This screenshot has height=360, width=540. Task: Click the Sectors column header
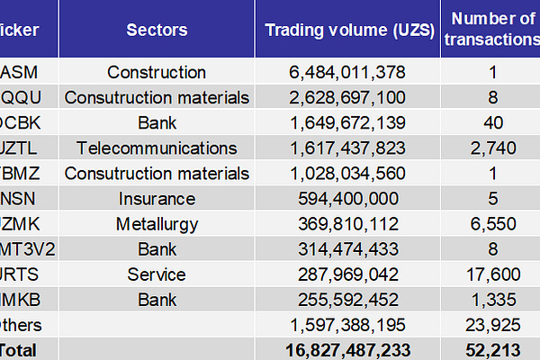pyautogui.click(x=157, y=30)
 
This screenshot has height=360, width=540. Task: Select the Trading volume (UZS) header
pyautogui.click(x=347, y=30)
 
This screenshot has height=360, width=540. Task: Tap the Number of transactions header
pyautogui.click(x=491, y=29)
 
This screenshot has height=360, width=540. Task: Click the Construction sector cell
pyautogui.click(x=157, y=72)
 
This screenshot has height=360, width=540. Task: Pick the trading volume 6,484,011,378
pyautogui.click(x=347, y=72)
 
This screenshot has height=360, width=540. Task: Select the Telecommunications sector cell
pyautogui.click(x=157, y=148)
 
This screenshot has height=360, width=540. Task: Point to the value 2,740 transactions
pyautogui.click(x=491, y=148)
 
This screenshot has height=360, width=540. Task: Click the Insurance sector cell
pyautogui.click(x=157, y=198)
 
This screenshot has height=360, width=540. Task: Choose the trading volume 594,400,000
pyautogui.click(x=347, y=198)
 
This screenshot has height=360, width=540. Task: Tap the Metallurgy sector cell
pyautogui.click(x=157, y=223)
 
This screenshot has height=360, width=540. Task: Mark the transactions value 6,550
pyautogui.click(x=491, y=223)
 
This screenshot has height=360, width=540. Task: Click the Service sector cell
pyautogui.click(x=157, y=274)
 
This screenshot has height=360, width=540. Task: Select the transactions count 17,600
pyautogui.click(x=491, y=274)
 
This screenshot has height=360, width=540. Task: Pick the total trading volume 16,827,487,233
pyautogui.click(x=347, y=348)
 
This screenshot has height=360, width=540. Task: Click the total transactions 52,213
pyautogui.click(x=491, y=348)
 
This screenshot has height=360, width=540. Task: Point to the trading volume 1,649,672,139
pyautogui.click(x=347, y=122)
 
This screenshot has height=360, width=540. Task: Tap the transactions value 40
pyautogui.click(x=491, y=122)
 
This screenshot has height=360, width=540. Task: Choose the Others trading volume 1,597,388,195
pyautogui.click(x=347, y=324)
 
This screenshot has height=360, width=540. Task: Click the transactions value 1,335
pyautogui.click(x=491, y=299)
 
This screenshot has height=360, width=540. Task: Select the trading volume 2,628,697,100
pyautogui.click(x=347, y=97)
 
